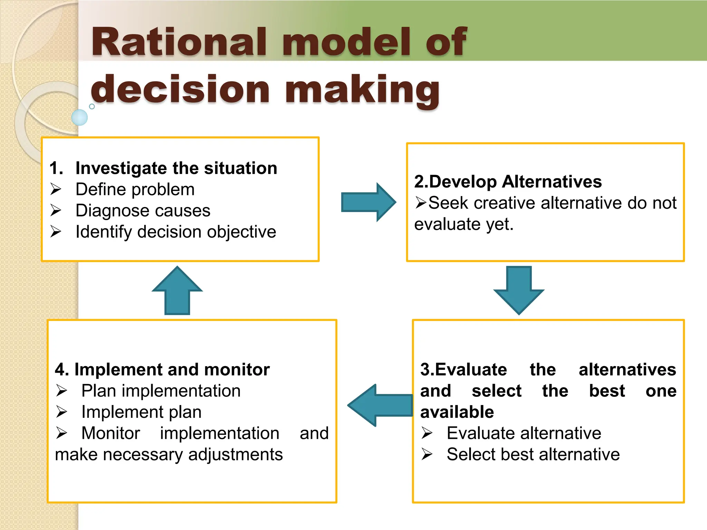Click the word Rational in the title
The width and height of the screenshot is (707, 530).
(x=178, y=42)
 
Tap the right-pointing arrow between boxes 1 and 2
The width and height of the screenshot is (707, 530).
(x=368, y=202)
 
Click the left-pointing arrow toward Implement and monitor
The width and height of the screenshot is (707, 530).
(x=380, y=405)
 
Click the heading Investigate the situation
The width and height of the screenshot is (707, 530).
(x=176, y=168)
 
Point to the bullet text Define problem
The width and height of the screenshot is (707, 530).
(x=135, y=190)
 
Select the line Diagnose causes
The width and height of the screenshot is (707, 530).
(x=143, y=211)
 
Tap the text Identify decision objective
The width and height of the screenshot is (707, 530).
(x=176, y=232)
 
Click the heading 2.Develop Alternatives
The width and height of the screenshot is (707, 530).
(x=507, y=181)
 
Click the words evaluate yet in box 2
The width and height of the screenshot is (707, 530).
(x=464, y=224)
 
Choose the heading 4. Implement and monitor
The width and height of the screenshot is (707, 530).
(x=162, y=370)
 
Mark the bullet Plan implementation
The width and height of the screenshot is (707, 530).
(x=161, y=391)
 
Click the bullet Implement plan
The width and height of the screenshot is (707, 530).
(x=141, y=412)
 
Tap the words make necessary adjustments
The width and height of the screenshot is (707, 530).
(x=169, y=454)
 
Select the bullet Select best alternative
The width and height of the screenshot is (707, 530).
(x=533, y=454)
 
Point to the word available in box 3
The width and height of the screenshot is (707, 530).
(x=457, y=412)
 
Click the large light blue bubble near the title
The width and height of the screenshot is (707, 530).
(x=79, y=117)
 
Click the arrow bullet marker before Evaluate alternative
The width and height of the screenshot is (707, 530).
(x=427, y=433)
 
